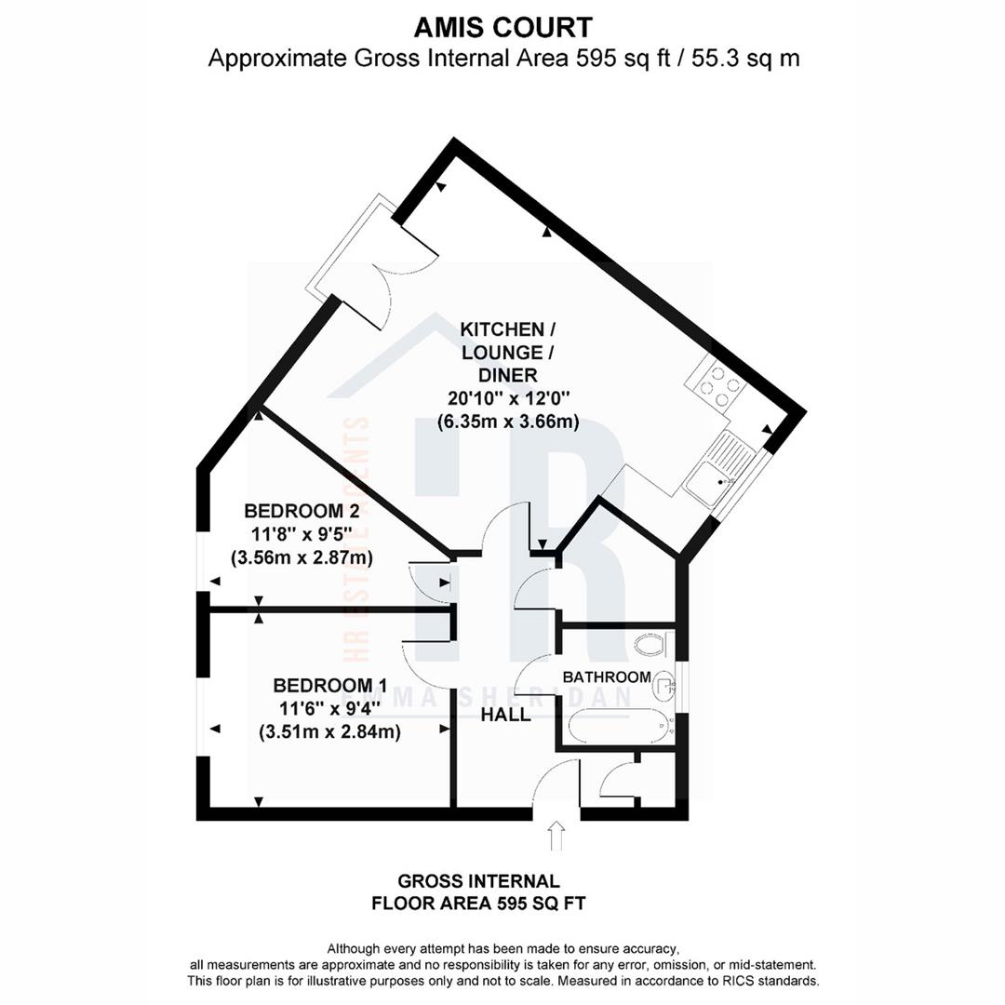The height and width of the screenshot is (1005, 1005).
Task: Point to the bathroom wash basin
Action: (x=663, y=687)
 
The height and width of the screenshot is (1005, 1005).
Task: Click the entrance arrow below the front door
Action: (x=556, y=836)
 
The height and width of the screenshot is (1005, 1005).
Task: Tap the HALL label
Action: (x=505, y=715)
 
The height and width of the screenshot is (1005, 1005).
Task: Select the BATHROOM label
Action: (x=606, y=677)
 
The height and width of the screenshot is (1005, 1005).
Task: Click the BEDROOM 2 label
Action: (x=301, y=511)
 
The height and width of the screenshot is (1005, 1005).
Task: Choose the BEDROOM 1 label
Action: (x=329, y=686)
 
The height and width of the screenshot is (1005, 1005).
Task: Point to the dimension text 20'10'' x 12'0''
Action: (x=508, y=398)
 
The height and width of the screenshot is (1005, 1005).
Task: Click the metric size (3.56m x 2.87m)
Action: (x=301, y=558)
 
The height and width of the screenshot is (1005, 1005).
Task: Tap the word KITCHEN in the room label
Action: (x=502, y=329)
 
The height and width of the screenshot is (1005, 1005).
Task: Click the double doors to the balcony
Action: (x=395, y=261)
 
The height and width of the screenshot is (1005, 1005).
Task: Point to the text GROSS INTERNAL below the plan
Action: (x=478, y=880)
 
